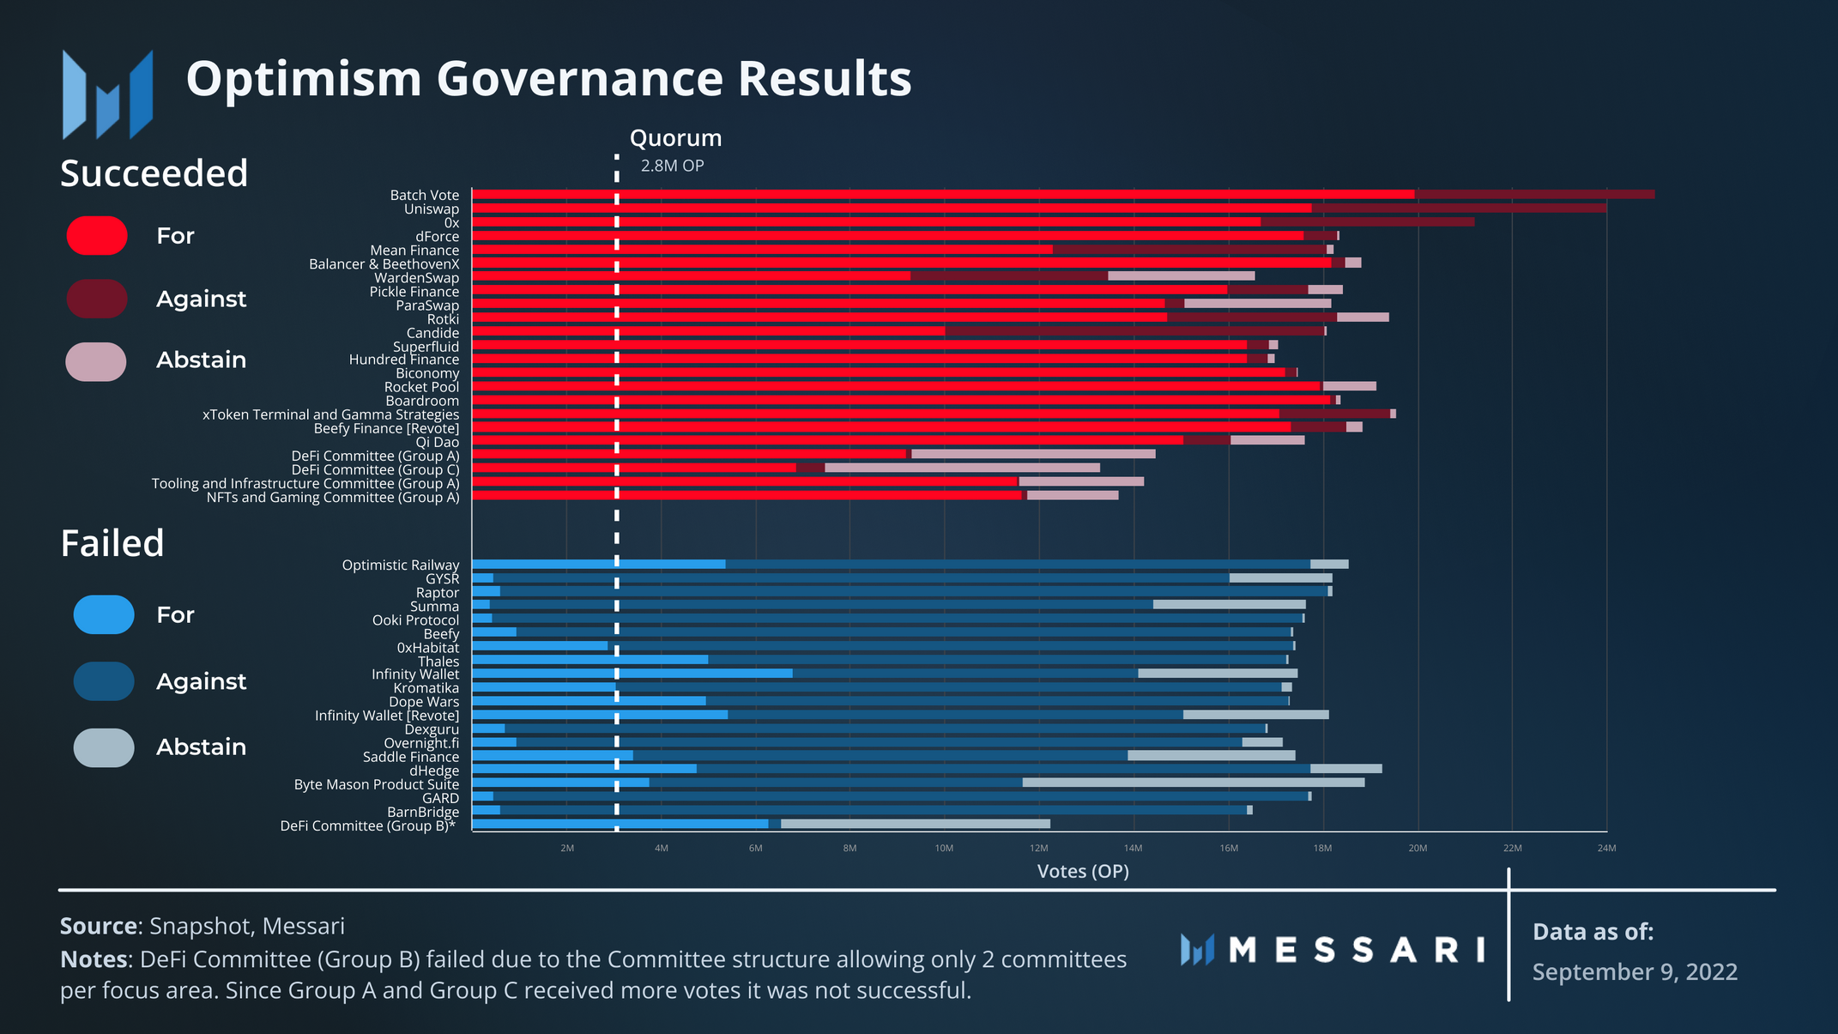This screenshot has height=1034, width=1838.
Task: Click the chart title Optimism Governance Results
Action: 548,79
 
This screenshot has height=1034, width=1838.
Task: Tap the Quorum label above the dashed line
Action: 675,138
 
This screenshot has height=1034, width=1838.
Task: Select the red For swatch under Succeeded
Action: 97,236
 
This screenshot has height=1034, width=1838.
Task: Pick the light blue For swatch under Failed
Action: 104,614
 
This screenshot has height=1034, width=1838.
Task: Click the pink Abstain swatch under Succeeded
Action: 96,361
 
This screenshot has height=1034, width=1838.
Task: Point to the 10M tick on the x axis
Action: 944,849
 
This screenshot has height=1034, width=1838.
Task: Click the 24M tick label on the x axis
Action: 1606,849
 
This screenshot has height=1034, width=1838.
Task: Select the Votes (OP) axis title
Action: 1083,872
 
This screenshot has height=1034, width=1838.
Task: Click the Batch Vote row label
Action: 425,196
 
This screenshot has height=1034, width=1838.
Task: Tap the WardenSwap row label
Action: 416,278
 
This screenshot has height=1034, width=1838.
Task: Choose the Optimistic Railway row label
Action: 401,565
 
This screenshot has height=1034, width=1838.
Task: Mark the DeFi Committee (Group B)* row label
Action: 368,826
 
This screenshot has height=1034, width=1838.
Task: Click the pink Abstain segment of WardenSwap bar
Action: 1181,276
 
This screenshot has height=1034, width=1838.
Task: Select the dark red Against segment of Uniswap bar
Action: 1459,209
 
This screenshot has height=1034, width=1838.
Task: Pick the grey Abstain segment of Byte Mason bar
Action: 1193,783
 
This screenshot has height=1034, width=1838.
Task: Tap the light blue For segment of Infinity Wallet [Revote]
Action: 600,715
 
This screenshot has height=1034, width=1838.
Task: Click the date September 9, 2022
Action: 1635,972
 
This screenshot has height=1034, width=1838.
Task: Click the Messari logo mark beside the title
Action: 107,94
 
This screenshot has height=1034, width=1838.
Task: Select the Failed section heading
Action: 112,544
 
